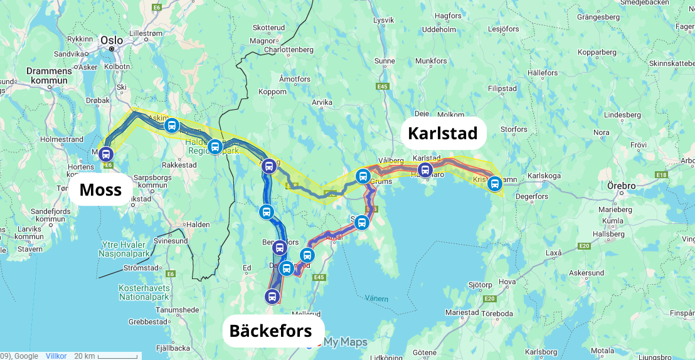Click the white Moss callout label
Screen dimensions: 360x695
(100, 189)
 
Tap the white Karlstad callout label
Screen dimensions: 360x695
(443, 133)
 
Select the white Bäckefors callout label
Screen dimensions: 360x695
(270, 331)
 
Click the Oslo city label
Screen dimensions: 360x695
(112, 40)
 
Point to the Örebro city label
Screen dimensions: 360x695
(621, 186)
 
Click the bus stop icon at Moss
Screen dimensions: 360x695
(105, 154)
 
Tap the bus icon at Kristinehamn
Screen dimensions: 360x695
(495, 184)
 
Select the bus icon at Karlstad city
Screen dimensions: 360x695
(425, 169)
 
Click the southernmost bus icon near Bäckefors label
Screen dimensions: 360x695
(272, 296)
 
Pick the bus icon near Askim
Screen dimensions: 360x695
(171, 125)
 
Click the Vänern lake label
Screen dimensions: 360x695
(377, 299)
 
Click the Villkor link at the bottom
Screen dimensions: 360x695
(56, 356)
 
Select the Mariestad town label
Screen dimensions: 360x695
(462, 312)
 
